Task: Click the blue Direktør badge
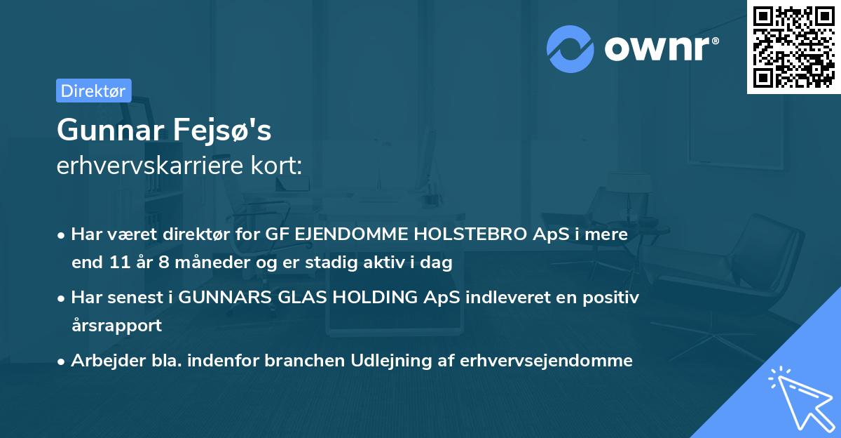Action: tap(93, 91)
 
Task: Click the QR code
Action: tap(793, 47)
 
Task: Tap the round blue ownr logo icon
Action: tap(570, 49)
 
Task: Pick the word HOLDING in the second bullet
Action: tap(367, 297)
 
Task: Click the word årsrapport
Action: tap(116, 326)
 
